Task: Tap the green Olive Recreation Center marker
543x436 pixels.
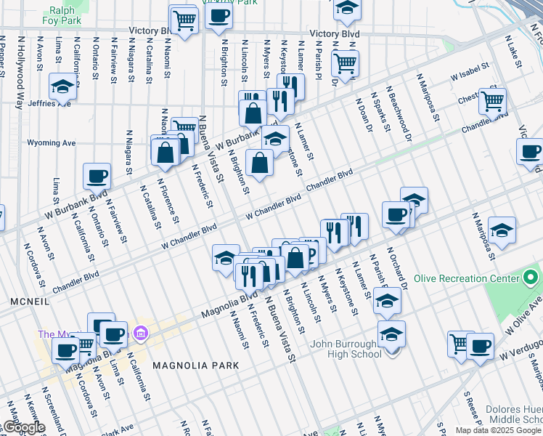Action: coord(531,278)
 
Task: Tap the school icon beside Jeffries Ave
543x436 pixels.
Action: coord(63,86)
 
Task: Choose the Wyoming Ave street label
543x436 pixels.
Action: coord(51,143)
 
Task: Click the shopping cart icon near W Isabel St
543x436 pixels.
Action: coord(492,101)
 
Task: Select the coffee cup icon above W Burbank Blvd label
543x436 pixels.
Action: coord(97,175)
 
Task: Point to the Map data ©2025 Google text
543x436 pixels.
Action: coord(498,430)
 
